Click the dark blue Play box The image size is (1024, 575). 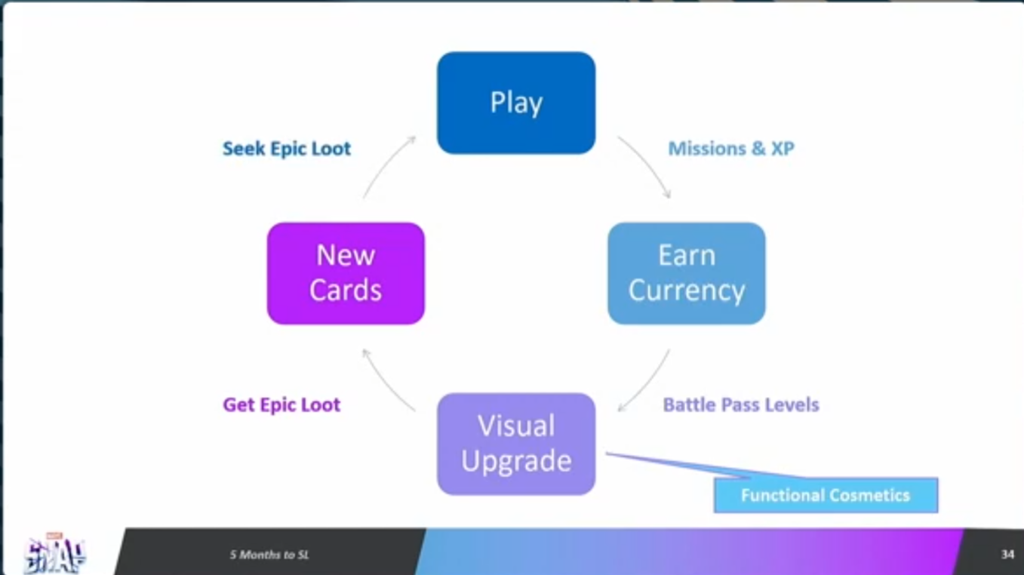(516, 103)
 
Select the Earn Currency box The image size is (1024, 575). (686, 273)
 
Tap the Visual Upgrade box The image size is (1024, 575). (516, 444)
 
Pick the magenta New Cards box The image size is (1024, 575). (346, 273)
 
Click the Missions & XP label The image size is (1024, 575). (730, 149)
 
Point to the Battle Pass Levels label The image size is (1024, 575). (740, 405)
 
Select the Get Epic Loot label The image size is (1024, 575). (281, 405)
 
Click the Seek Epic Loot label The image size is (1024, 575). (287, 149)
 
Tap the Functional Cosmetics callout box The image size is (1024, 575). (826, 496)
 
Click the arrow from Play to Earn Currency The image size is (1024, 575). (646, 165)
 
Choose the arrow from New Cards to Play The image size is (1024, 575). (388, 165)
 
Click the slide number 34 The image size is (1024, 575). (1007, 555)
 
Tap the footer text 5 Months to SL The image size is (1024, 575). (269, 555)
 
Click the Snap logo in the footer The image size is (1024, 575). (54, 555)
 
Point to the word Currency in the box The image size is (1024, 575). (686, 291)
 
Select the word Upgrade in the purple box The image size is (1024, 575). (516, 461)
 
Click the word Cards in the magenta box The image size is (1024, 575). (346, 291)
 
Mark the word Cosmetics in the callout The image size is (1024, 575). (867, 496)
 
